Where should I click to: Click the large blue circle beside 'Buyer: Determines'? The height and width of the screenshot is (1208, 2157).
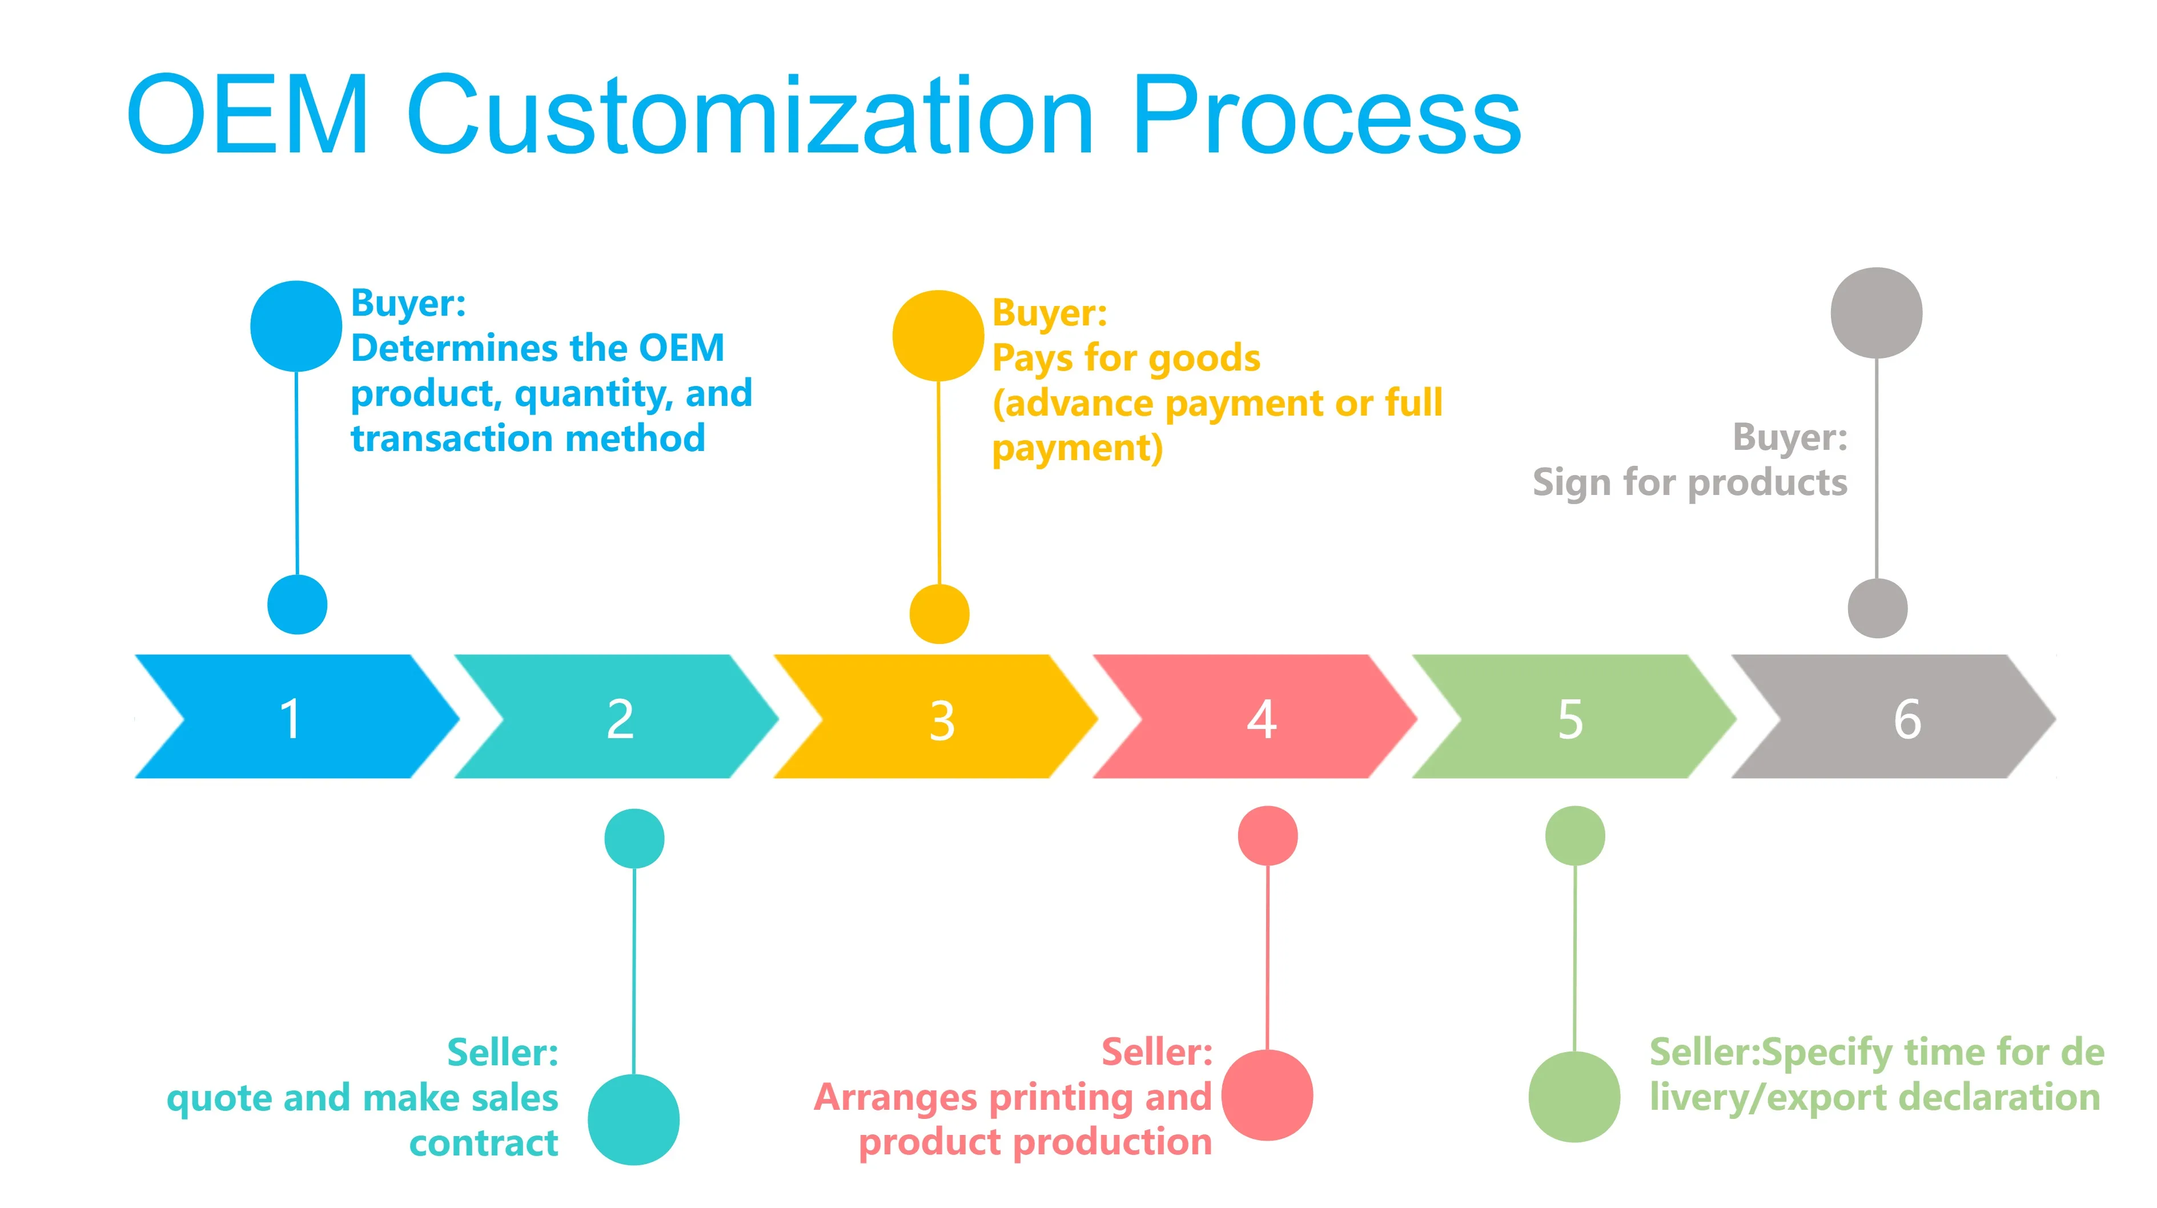[296, 325]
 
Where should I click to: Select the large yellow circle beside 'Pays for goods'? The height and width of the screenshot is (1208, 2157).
[938, 335]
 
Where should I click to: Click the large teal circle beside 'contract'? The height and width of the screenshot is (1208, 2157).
[633, 1120]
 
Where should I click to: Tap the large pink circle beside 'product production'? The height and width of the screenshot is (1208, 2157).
[1267, 1094]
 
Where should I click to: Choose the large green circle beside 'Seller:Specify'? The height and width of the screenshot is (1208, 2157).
[1574, 1097]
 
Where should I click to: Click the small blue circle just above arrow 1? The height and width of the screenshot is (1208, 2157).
[298, 605]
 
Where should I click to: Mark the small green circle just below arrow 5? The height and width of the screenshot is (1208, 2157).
[1574, 835]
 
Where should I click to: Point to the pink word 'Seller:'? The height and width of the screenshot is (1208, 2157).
[1156, 1052]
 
